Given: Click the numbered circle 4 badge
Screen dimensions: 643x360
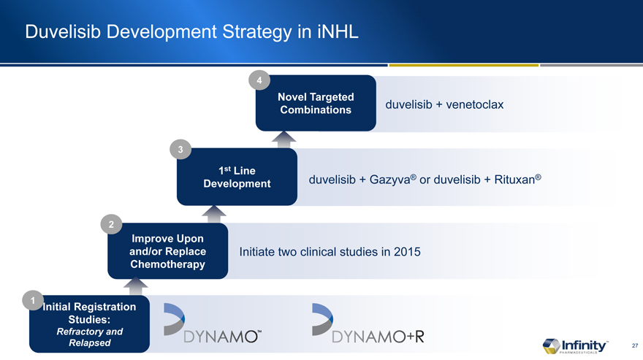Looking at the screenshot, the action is click(x=259, y=80).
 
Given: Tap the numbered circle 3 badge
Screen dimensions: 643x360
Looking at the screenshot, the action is click(x=180, y=150).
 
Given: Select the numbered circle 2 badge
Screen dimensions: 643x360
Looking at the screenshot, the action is click(x=111, y=224).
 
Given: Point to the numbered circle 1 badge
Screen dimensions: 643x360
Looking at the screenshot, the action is click(x=33, y=301).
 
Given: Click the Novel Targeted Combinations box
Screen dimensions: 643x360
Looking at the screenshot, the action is click(x=316, y=103).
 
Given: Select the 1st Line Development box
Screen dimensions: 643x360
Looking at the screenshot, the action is click(x=237, y=177).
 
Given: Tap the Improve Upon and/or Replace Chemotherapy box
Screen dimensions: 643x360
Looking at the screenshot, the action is click(x=168, y=251).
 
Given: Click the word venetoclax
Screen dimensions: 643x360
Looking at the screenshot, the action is click(x=474, y=104).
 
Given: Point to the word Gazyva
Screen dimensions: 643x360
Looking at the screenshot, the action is click(x=390, y=180).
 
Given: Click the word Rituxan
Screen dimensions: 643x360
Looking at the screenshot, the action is click(x=514, y=180).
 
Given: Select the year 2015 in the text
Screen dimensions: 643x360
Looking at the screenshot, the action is click(x=407, y=251).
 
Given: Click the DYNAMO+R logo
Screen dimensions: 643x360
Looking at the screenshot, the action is click(x=368, y=323).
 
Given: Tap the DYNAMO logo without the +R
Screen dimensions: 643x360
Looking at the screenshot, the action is click(x=213, y=323).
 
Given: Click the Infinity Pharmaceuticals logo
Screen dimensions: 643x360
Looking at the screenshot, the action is click(x=575, y=346).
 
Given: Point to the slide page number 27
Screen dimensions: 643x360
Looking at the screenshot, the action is click(x=635, y=345).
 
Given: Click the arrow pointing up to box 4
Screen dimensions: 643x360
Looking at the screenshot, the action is click(x=284, y=139).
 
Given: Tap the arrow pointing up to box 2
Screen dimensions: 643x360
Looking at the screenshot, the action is click(x=136, y=286).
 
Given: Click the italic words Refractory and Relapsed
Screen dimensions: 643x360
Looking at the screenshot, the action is click(x=89, y=337).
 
